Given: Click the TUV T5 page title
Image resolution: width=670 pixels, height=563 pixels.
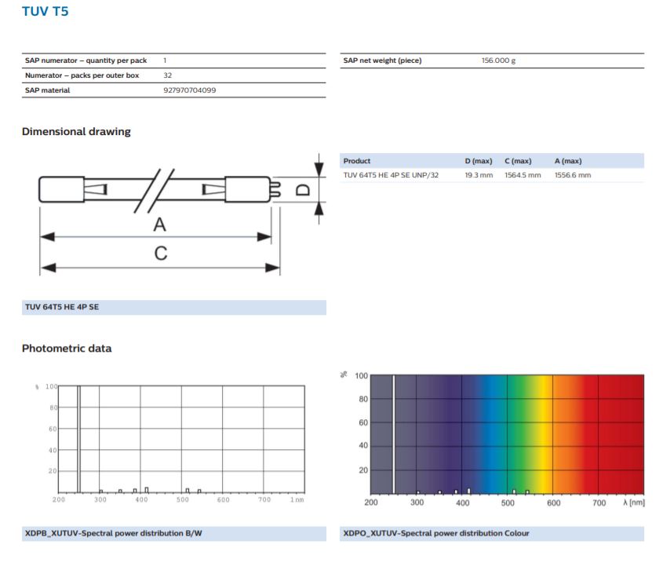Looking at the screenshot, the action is (x=45, y=11).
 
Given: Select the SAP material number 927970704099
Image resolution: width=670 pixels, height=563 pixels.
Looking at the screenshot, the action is (x=189, y=90).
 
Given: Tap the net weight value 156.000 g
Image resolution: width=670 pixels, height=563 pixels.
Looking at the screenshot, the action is (x=498, y=60).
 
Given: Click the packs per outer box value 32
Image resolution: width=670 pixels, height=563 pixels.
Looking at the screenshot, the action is (x=168, y=75).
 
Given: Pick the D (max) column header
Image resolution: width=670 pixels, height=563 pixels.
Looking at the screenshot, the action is (x=478, y=161).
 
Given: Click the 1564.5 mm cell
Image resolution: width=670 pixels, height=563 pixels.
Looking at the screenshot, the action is (x=523, y=175).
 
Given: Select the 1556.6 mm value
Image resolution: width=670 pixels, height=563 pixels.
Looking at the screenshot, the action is (x=573, y=175).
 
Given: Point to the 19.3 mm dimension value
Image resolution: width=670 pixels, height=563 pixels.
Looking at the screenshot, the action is (x=479, y=175).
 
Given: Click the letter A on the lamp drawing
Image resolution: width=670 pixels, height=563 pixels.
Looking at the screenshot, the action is (x=160, y=225).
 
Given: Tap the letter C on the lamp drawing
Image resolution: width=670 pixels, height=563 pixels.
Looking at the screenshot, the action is (x=161, y=254).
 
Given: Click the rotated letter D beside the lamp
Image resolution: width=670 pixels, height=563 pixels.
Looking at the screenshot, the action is (x=303, y=189).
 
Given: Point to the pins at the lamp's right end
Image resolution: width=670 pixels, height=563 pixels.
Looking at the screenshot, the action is (x=275, y=189).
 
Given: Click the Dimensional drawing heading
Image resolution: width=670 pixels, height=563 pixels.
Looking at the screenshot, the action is (x=76, y=131).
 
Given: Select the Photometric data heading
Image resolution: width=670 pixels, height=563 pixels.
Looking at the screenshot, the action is (x=67, y=348).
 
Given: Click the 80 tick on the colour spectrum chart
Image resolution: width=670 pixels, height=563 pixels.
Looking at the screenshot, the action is (x=363, y=399).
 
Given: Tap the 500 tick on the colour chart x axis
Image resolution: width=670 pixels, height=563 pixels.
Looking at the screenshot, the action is (x=508, y=503).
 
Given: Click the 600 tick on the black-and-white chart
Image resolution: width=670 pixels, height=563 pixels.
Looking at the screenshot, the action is (x=223, y=499).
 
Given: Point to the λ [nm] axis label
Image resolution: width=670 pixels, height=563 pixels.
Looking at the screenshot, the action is (x=634, y=503).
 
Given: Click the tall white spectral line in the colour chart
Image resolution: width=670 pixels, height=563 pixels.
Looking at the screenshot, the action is (x=394, y=435).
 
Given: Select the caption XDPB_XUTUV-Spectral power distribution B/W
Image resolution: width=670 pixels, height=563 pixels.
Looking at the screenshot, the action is (x=113, y=533).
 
